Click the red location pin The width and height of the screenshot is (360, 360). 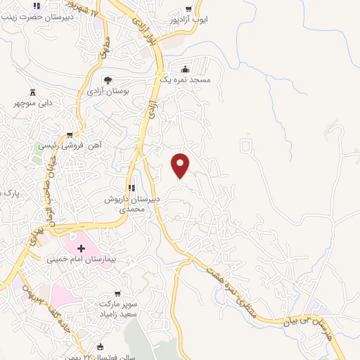pos(181,165)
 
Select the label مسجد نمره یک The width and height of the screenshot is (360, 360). pos(185,81)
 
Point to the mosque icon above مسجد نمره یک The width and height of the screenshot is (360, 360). pos(185,69)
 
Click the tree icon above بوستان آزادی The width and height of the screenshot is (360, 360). pos(108,79)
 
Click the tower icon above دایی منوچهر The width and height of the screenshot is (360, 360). pos(33,92)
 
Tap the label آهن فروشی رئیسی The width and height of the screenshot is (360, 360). pos(69,146)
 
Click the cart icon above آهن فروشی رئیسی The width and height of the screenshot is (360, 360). pos(69,134)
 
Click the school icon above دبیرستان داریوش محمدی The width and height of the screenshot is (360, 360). pos(131,187)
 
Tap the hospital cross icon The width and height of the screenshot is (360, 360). pos(81,248)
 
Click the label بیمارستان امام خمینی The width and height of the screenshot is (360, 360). pos(75,259)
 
